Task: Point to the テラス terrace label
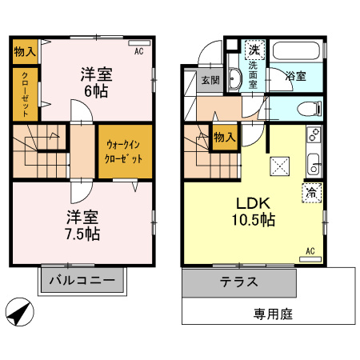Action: (239, 282)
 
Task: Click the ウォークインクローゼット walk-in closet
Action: (124, 151)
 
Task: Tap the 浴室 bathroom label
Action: (295, 77)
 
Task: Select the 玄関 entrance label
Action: (210, 80)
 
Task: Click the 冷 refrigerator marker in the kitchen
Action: (311, 191)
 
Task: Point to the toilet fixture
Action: (306, 108)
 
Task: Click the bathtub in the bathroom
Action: (296, 51)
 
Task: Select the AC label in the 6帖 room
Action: (138, 50)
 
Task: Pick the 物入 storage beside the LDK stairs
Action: (223, 137)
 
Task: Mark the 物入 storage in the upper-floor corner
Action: (24, 52)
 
